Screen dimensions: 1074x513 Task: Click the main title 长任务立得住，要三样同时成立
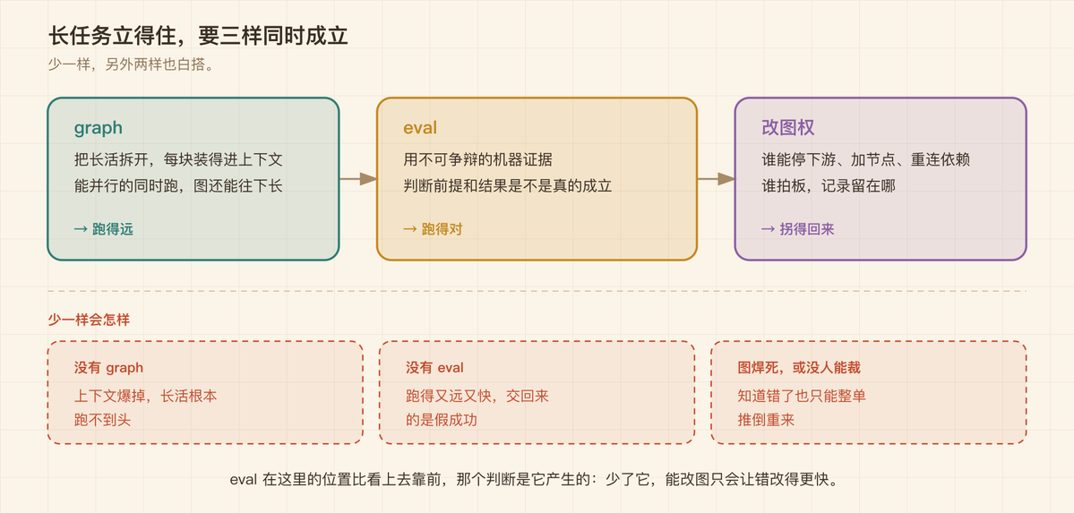tap(198, 36)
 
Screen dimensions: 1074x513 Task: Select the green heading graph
tap(99, 128)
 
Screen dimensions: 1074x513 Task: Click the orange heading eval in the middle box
tap(420, 127)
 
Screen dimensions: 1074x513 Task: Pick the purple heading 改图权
tap(787, 128)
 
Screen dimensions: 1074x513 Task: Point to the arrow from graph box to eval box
tap(358, 179)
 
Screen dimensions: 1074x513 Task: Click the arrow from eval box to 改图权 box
tap(716, 179)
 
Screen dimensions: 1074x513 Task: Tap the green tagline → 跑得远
tap(103, 229)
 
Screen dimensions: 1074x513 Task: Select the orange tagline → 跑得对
tap(433, 229)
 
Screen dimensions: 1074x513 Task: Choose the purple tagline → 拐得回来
tap(798, 229)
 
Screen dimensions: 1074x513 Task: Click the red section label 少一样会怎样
tap(89, 320)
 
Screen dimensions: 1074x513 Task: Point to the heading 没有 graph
tap(109, 368)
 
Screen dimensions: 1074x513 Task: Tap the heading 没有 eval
tap(434, 368)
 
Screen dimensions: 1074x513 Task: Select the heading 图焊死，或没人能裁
tap(799, 368)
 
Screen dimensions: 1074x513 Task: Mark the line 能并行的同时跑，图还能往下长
tap(178, 185)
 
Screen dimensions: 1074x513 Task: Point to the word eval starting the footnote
tap(243, 480)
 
